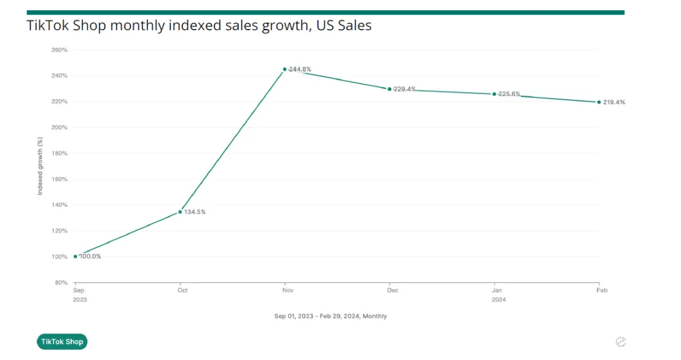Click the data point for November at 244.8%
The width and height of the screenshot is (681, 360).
(x=284, y=69)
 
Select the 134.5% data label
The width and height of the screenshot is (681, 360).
(x=194, y=212)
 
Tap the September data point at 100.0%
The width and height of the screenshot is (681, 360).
(x=75, y=257)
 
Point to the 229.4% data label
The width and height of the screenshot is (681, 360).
(x=404, y=89)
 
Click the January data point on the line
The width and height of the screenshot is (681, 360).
(x=494, y=94)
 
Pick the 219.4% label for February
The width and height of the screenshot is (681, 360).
(x=614, y=102)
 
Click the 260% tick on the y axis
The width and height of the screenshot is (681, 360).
(x=59, y=50)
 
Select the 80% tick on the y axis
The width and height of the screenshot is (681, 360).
(x=61, y=282)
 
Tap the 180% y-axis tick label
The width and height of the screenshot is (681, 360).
(x=59, y=153)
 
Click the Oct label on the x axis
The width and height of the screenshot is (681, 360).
(x=183, y=291)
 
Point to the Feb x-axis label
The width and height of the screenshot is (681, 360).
(x=602, y=291)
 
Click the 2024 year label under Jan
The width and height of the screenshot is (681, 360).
(x=498, y=299)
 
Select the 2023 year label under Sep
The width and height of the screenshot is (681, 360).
(x=79, y=299)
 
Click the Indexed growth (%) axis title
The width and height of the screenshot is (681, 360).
(x=40, y=166)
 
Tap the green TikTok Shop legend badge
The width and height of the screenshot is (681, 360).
(x=62, y=342)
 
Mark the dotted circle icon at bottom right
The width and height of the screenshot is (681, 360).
(x=620, y=342)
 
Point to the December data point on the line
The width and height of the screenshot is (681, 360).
(x=389, y=89)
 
